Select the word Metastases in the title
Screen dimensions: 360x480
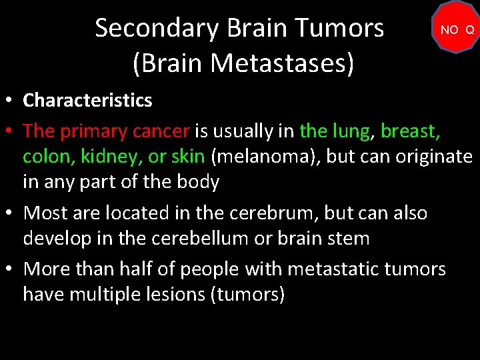point(283,63)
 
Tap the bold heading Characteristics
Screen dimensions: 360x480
point(87,101)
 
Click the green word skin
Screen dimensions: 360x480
point(189,156)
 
